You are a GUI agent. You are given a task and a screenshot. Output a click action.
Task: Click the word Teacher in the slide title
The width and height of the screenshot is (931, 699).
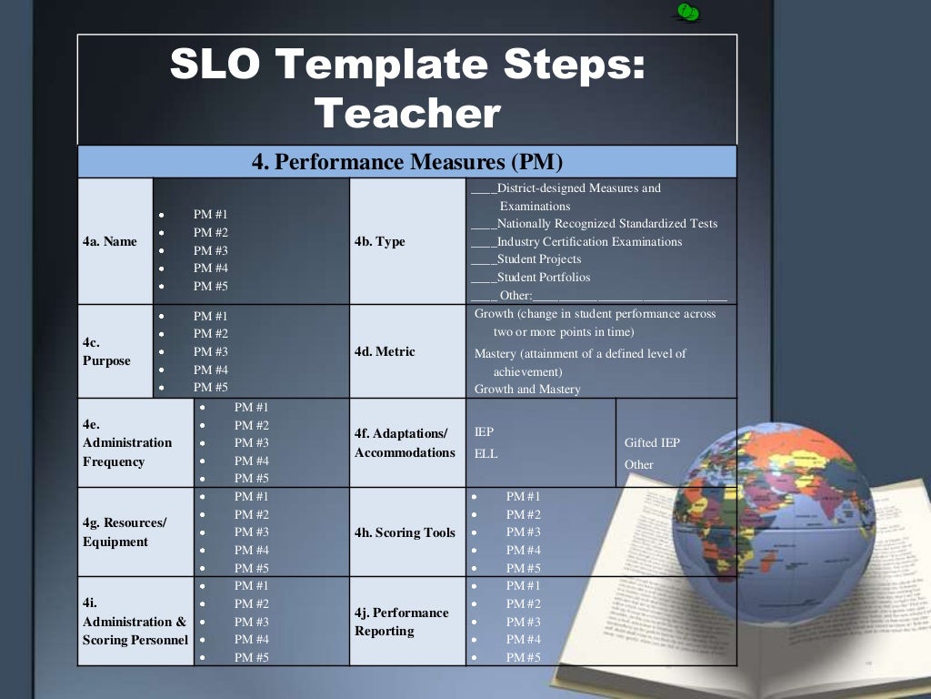407,114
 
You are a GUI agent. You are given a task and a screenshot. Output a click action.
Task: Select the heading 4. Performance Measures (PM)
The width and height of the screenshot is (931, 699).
407,162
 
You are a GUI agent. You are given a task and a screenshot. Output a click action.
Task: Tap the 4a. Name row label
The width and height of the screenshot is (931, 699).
107,241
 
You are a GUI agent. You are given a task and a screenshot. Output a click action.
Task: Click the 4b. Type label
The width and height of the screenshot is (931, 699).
380,241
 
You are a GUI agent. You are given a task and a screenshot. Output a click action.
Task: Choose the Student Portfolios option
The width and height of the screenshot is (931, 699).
543,278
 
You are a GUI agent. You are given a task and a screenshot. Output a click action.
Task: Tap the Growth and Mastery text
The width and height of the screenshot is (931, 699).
527,389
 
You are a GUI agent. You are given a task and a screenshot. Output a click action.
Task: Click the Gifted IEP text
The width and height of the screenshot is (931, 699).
652,443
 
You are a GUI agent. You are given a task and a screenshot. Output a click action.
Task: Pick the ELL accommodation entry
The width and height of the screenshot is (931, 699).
486,453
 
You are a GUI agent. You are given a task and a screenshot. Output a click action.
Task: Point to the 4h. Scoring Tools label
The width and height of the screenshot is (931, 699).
405,532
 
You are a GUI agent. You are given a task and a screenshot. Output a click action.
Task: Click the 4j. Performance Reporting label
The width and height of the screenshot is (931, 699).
402,622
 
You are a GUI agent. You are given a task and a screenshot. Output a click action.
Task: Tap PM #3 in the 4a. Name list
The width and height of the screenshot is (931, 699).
211,250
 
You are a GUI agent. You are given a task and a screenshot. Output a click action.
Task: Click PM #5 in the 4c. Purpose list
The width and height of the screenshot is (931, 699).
211,387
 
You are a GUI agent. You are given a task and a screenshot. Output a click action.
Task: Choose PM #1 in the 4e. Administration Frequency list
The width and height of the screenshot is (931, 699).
252,407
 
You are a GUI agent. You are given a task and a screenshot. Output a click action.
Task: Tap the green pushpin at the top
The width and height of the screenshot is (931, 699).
686,12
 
